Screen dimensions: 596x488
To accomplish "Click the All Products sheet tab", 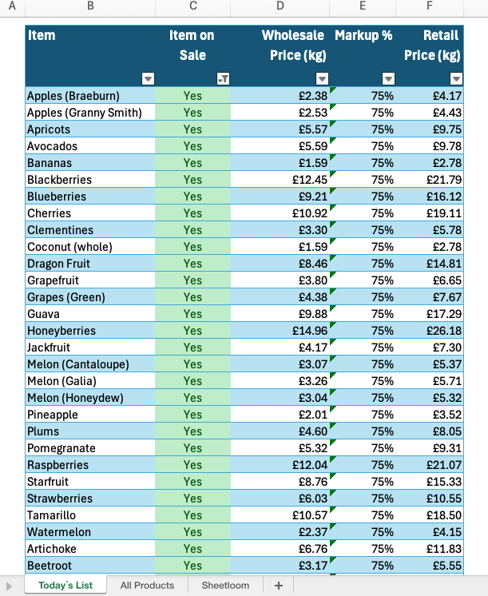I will [147, 585].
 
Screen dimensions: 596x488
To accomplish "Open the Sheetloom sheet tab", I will [225, 585].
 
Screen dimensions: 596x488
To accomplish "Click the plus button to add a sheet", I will [278, 585].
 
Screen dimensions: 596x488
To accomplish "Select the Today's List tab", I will [65, 585].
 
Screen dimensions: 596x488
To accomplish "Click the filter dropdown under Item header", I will [147, 78].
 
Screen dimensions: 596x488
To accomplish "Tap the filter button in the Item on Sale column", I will [223, 78].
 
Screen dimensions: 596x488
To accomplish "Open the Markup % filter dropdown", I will [387, 78].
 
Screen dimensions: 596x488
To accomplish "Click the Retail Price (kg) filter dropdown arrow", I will [455, 78].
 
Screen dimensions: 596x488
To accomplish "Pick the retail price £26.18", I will [444, 331].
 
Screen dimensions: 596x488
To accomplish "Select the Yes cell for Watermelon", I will [192, 532].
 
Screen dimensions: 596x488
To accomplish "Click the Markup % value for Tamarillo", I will [382, 515].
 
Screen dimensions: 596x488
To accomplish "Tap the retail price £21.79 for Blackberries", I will [444, 180].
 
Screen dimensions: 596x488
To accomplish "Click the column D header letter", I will [280, 6].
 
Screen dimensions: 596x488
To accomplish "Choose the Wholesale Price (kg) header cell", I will [293, 46].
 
